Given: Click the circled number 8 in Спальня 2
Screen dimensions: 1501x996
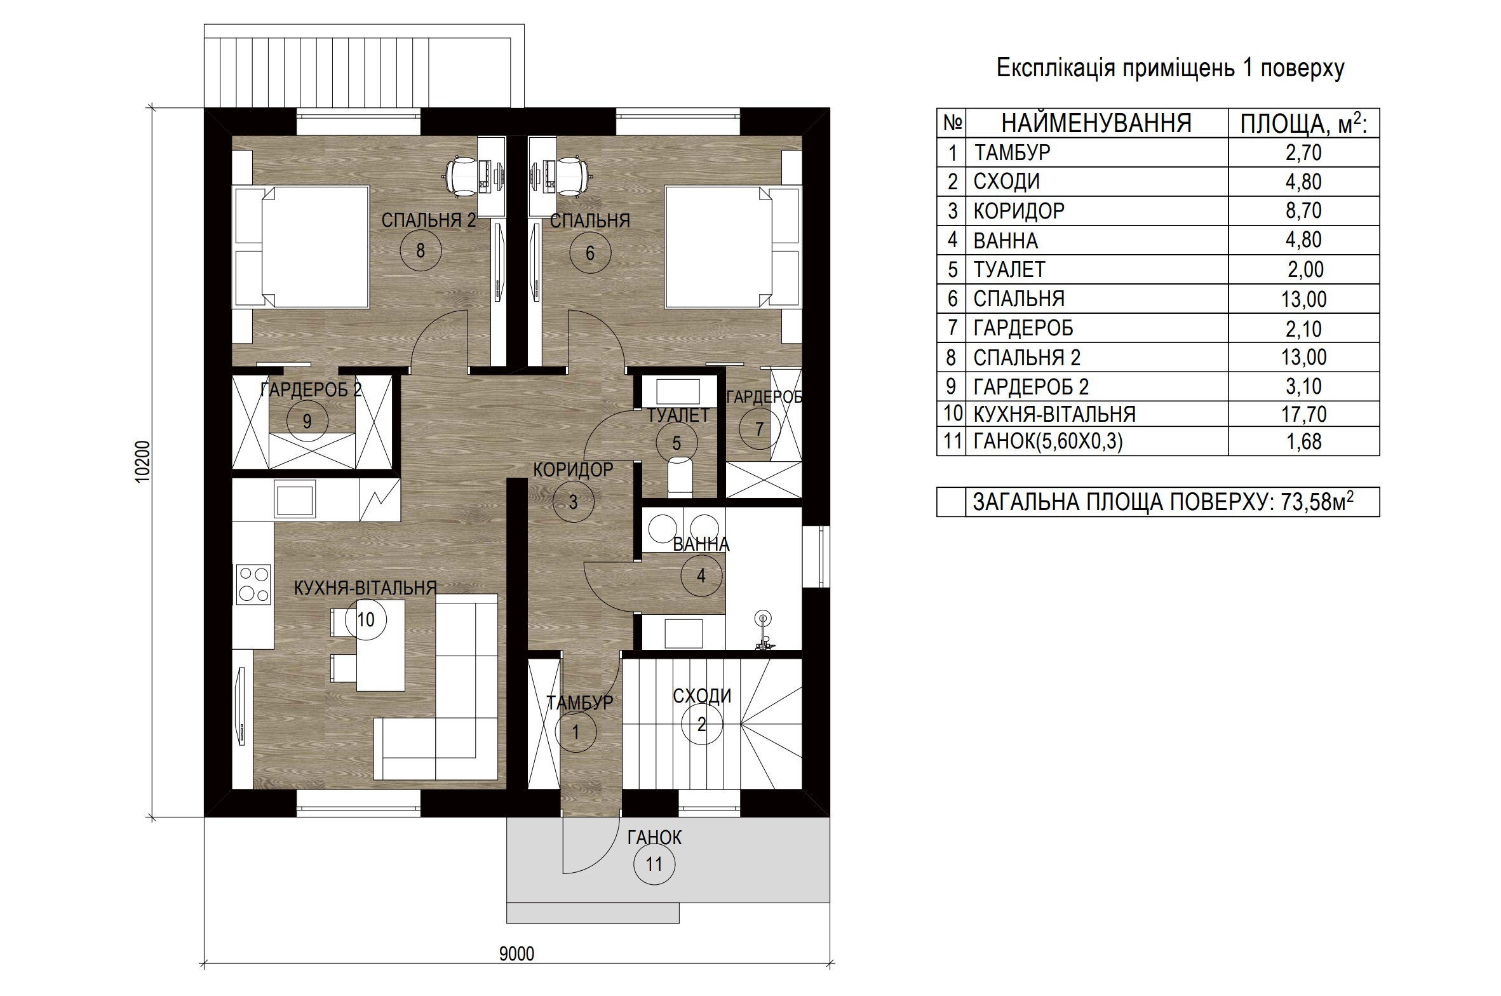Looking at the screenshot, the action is click(x=421, y=251).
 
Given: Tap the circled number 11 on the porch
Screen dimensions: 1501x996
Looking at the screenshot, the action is click(x=654, y=864).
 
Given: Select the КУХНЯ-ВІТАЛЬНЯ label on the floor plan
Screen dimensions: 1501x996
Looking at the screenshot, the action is click(x=365, y=588).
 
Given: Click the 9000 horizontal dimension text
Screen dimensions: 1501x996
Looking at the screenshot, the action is click(x=516, y=971).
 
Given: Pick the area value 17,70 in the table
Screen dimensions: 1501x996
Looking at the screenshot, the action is click(x=1304, y=414).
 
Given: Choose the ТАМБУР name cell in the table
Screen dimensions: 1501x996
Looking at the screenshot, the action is click(x=1013, y=152).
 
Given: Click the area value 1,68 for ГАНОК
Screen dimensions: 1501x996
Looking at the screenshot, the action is click(x=1304, y=441).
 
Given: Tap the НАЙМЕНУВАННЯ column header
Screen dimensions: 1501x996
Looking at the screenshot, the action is click(x=1097, y=123).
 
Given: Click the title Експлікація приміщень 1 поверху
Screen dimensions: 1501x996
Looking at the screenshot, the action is click(x=1170, y=68).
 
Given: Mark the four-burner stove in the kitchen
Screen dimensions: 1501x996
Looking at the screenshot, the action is click(x=253, y=584).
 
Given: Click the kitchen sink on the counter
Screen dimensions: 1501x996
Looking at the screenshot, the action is click(x=295, y=498).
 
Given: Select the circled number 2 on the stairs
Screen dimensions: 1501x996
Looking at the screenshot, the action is click(x=701, y=724).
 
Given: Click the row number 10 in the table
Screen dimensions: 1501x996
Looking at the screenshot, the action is click(x=953, y=414).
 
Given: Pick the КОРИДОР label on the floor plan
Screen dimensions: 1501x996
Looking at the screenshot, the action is click(x=573, y=469).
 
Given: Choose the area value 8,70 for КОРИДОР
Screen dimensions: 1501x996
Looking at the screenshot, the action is click(x=1304, y=210).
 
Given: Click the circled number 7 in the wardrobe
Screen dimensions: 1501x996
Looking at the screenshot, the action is click(x=759, y=429).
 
